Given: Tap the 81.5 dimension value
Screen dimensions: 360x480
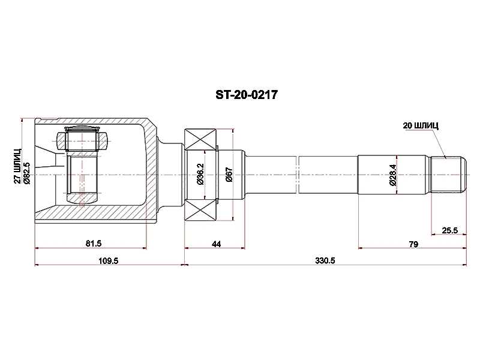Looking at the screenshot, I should [94, 244].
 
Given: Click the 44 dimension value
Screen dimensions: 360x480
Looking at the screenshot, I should [217, 244].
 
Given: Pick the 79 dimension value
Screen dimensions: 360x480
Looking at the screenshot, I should [413, 244].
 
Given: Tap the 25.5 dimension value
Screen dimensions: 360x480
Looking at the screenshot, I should [450, 230].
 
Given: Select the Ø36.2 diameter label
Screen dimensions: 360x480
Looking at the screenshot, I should [200, 175].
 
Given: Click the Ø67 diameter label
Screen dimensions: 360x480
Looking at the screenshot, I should [229, 175].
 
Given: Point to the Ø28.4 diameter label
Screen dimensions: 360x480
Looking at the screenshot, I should [392, 175].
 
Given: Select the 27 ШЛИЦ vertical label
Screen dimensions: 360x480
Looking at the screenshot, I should [18, 164].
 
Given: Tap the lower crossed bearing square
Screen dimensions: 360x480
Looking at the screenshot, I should [200, 211].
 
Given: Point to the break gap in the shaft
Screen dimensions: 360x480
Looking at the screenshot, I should [298, 175].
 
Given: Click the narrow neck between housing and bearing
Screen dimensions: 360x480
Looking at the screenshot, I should [171, 175].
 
